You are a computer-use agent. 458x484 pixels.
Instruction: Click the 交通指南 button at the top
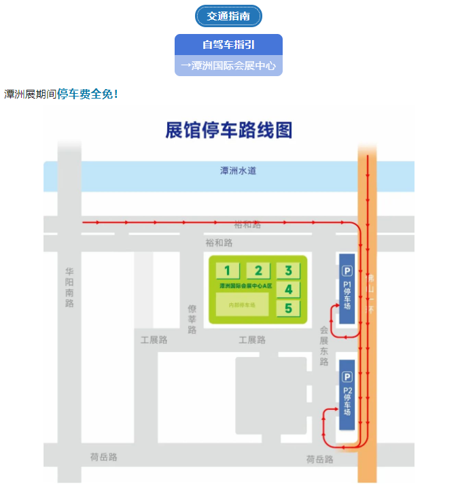pyautogui.click(x=228, y=16)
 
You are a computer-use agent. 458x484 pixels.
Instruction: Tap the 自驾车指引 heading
pyautogui.click(x=228, y=45)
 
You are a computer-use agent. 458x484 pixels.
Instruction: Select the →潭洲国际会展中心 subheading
pyautogui.click(x=228, y=66)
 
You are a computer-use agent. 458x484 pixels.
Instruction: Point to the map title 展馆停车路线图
pyautogui.click(x=228, y=131)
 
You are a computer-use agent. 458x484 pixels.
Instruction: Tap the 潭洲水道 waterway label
pyautogui.click(x=238, y=171)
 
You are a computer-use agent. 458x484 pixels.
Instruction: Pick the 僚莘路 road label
pyautogui.click(x=192, y=319)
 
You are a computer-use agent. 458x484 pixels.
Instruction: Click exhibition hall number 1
pyautogui.click(x=228, y=271)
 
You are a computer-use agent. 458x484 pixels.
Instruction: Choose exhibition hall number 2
pyautogui.click(x=258, y=271)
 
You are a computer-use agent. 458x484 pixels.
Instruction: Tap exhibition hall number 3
pyautogui.click(x=288, y=271)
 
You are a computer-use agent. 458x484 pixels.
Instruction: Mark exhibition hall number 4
pyautogui.click(x=288, y=290)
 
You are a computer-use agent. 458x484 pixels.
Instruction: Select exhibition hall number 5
pyautogui.click(x=288, y=309)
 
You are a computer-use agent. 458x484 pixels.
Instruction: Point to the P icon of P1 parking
pyautogui.click(x=347, y=270)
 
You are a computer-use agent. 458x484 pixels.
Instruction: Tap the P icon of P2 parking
pyautogui.click(x=347, y=377)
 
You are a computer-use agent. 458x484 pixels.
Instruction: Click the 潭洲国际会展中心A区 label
pyautogui.click(x=245, y=286)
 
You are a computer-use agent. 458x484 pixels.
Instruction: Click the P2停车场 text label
pyautogui.click(x=347, y=402)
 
